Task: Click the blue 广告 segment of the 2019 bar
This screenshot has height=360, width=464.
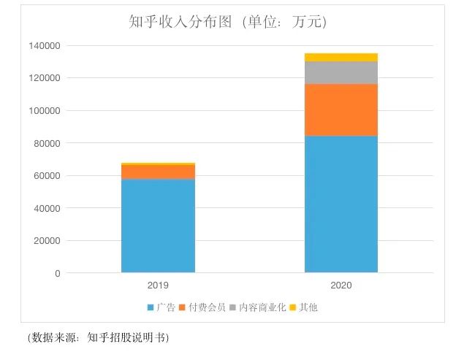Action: [x=158, y=226]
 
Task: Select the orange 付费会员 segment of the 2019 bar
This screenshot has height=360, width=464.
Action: [x=158, y=172]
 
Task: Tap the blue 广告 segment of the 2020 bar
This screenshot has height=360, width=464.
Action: [x=341, y=204]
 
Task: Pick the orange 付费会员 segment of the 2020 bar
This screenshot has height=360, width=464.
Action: [x=341, y=110]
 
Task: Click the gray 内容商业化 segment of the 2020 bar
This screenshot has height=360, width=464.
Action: [x=341, y=73]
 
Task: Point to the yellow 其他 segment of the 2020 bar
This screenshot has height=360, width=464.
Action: [x=341, y=57]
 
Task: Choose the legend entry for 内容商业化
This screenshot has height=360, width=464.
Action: [x=259, y=307]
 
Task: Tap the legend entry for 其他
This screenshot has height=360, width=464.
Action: [x=308, y=307]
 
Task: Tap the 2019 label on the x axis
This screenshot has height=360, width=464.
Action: [x=158, y=286]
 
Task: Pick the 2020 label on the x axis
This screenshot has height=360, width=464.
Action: [x=341, y=286]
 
